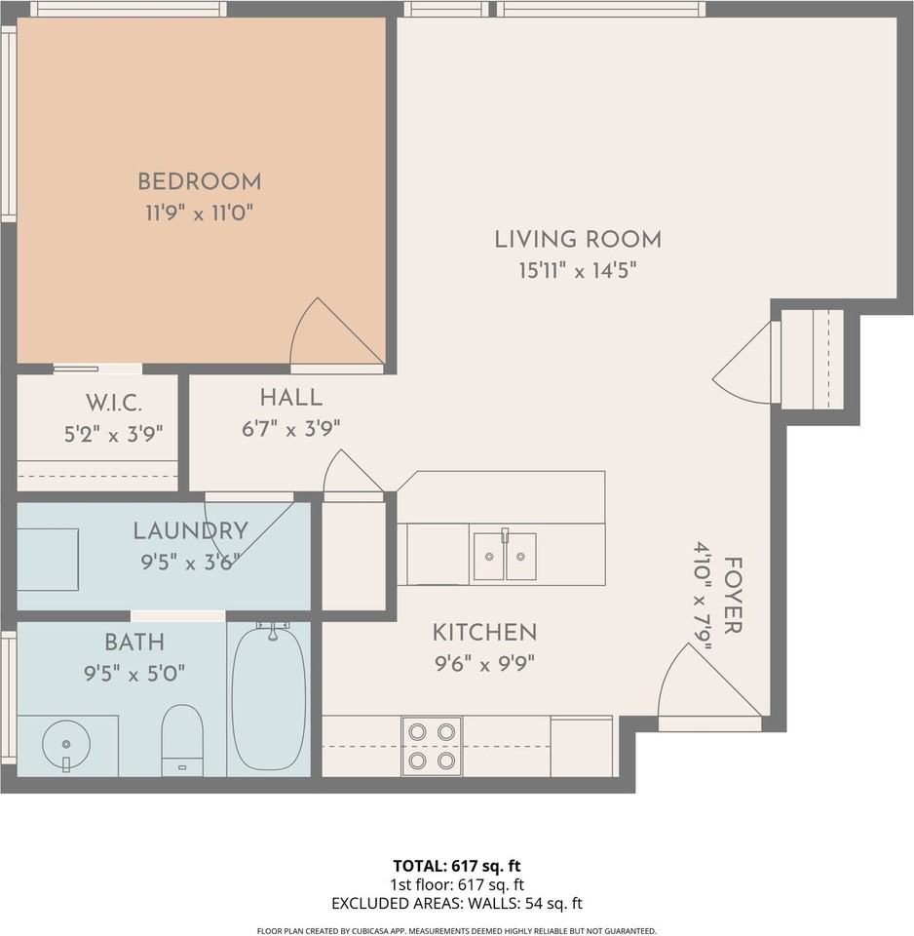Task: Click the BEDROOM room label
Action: (x=199, y=181)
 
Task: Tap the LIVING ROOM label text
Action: (x=578, y=239)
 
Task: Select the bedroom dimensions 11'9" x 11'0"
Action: (x=199, y=213)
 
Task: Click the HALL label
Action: (x=290, y=398)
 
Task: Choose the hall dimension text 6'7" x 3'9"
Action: (x=290, y=429)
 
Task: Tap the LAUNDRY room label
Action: (x=190, y=531)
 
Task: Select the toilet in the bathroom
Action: (x=181, y=738)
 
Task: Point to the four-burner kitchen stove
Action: (x=432, y=746)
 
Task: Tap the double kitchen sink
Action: (x=504, y=556)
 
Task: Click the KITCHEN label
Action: (x=484, y=633)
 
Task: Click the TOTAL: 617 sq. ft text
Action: (x=457, y=865)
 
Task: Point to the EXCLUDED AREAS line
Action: (x=457, y=903)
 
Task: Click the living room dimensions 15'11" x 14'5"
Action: (x=578, y=271)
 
